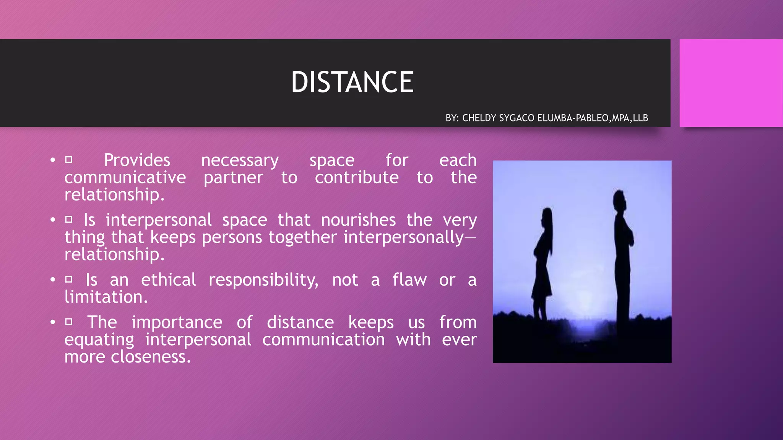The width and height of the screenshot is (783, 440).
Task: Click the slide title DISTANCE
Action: point(352,82)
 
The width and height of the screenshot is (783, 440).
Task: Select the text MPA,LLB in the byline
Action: point(630,118)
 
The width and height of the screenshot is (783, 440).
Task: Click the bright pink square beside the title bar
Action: point(731,83)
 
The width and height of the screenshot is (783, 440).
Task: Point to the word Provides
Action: point(137,160)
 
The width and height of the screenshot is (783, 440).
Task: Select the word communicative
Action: point(125,178)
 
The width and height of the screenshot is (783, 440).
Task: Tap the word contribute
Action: point(357,178)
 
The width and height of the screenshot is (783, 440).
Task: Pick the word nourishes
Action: point(358,220)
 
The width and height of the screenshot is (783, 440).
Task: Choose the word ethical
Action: point(168,280)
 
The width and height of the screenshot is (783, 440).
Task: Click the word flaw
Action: point(409,280)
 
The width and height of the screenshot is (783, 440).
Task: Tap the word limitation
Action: point(106,297)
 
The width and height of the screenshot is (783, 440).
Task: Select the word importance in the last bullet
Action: point(177,323)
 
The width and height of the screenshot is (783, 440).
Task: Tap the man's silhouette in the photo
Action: point(622,256)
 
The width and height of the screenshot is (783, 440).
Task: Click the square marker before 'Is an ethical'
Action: point(69,279)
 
